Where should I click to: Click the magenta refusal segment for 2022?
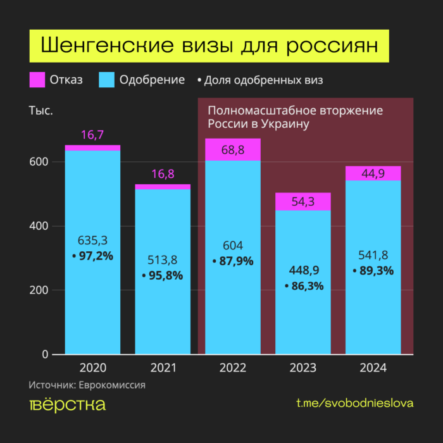[233, 149]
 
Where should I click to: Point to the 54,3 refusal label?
[303, 202]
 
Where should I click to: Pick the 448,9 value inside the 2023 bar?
[303, 271]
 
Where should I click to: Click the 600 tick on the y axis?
[38, 162]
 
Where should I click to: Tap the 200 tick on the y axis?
[38, 290]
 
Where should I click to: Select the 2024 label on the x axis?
[373, 368]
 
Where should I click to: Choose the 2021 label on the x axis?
[163, 368]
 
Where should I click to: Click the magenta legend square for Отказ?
[37, 80]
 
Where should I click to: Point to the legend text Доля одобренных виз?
[263, 80]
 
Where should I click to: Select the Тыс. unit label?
[41, 111]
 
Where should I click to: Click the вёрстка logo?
[67, 405]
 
